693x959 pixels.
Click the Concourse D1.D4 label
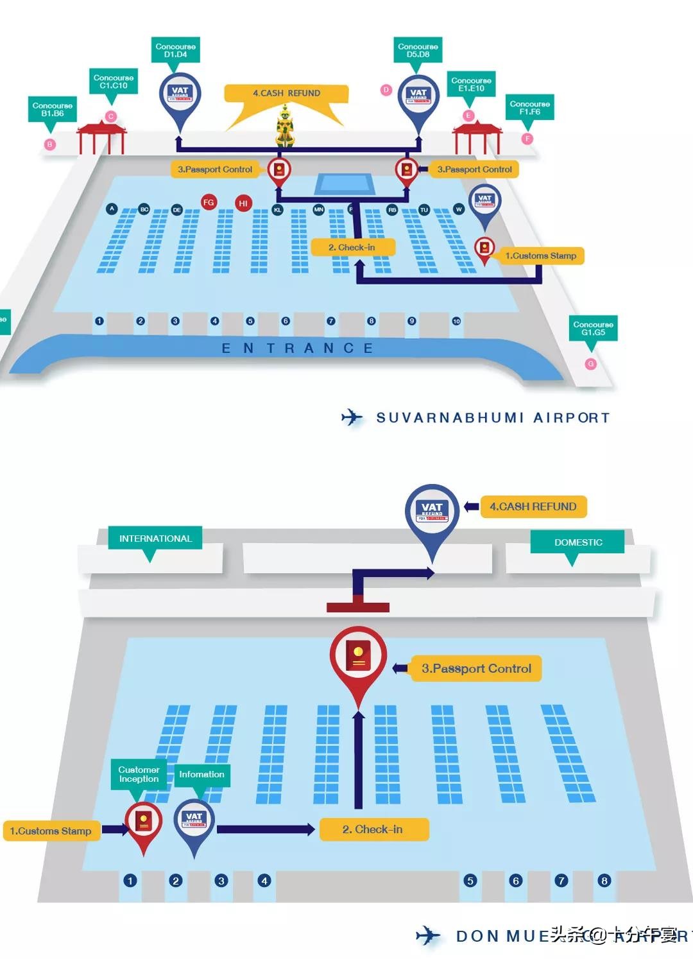point(175,50)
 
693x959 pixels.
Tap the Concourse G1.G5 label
point(593,328)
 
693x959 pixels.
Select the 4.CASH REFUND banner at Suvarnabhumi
point(286,94)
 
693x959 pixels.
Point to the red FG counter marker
point(209,202)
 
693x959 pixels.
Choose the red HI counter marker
point(243,203)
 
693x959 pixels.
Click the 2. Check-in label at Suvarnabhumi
point(352,247)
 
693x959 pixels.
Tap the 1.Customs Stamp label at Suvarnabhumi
point(540,255)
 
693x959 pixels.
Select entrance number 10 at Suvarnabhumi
point(456,321)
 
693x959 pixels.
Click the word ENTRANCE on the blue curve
point(296,349)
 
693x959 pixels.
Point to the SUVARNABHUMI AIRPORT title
point(492,418)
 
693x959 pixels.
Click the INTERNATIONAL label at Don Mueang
point(155,539)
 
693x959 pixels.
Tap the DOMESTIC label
point(577,542)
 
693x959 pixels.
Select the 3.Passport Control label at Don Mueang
point(476,668)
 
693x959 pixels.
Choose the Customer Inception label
point(139,774)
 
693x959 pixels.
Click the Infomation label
point(201,774)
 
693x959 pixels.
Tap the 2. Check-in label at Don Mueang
point(373,829)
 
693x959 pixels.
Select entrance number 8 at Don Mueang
point(604,881)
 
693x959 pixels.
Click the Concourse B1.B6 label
point(53,109)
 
